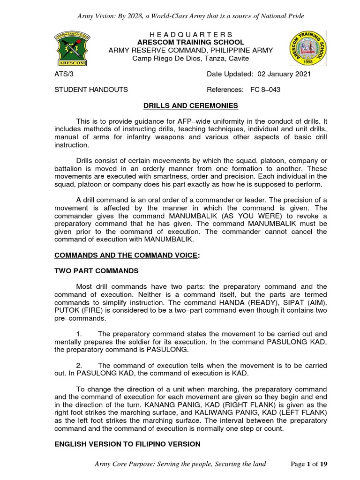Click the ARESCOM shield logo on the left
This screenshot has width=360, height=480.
click(x=73, y=50)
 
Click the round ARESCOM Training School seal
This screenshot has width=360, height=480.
click(x=305, y=50)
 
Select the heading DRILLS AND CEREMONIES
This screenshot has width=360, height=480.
click(x=191, y=105)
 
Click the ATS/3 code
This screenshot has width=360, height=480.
click(x=64, y=74)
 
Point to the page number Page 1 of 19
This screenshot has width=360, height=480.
click(x=309, y=464)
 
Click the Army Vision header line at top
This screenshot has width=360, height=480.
click(x=191, y=16)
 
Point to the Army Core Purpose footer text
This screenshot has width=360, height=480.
click(x=180, y=464)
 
